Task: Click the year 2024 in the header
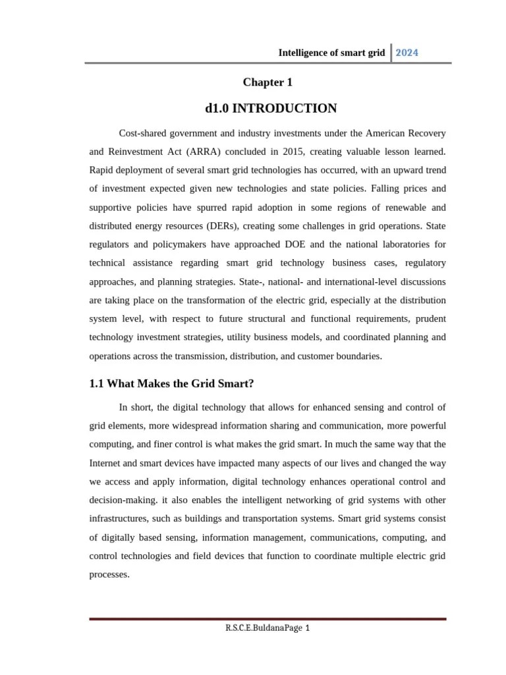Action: coord(407,53)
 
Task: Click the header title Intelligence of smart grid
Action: coord(331,53)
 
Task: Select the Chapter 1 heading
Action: coord(267,82)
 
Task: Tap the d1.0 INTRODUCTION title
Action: coord(271,108)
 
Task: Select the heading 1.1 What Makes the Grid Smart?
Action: coord(171,383)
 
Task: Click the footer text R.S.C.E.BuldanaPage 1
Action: coord(267,628)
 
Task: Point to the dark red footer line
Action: coord(267,619)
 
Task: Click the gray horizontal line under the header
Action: coord(267,63)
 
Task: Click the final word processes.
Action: coord(109,574)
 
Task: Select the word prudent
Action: coord(428,318)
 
